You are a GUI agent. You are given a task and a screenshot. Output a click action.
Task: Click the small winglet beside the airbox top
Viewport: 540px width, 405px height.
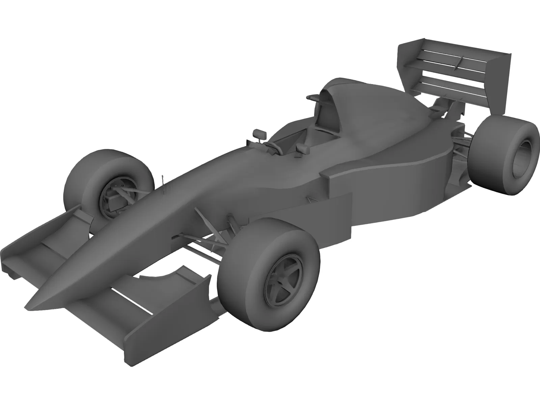click(313, 98)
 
